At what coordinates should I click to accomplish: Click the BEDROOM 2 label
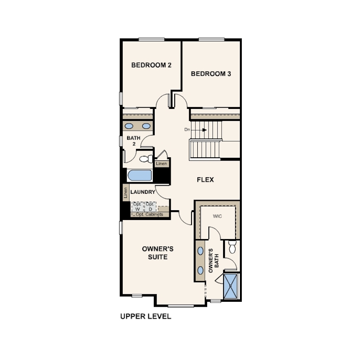(x=151, y=65)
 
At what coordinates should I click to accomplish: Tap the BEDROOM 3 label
(x=211, y=74)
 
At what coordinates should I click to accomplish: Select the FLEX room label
(x=205, y=180)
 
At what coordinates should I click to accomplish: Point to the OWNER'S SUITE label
(x=158, y=253)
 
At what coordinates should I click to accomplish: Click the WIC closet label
(x=217, y=216)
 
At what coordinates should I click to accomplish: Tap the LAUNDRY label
(x=143, y=192)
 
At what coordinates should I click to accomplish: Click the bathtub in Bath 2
(x=140, y=176)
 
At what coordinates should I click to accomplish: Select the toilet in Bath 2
(x=146, y=159)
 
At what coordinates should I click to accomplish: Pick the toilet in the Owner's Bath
(x=232, y=247)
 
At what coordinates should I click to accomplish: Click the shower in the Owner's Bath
(x=230, y=286)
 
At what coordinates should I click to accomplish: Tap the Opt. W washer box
(x=137, y=207)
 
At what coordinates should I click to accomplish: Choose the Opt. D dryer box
(x=150, y=207)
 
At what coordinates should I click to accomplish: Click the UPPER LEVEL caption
(x=146, y=316)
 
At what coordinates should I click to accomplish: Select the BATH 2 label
(x=134, y=141)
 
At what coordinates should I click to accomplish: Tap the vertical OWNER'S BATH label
(x=213, y=260)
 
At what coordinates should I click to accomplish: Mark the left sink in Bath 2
(x=129, y=126)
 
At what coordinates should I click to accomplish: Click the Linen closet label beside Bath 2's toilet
(x=161, y=164)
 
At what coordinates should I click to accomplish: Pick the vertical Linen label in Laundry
(x=126, y=193)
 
